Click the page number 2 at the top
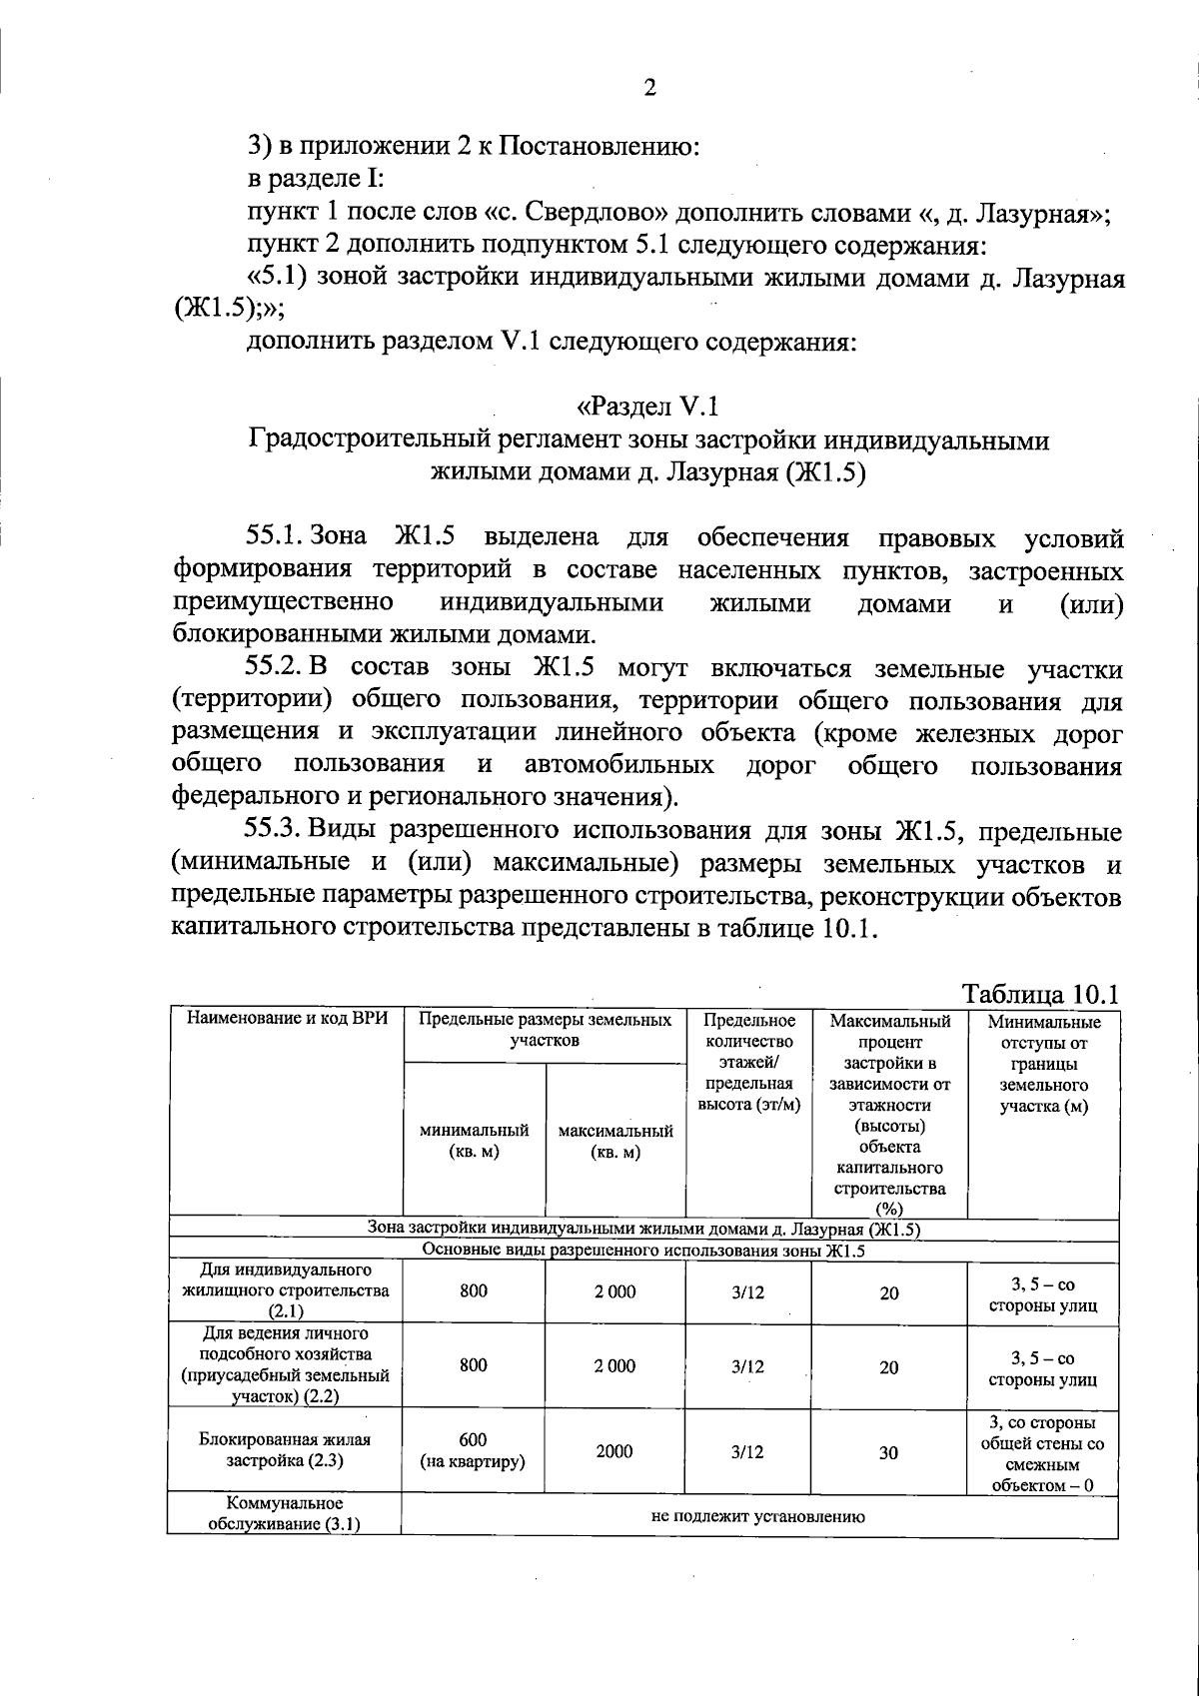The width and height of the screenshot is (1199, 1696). (x=649, y=89)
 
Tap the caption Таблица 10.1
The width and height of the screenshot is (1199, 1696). (x=1039, y=995)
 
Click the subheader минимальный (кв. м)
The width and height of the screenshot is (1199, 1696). (x=474, y=1141)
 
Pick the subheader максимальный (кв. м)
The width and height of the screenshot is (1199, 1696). (x=614, y=1141)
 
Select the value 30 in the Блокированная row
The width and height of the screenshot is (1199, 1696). (x=888, y=1453)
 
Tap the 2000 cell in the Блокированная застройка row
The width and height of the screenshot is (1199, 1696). (x=614, y=1451)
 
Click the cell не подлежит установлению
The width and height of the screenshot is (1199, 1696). (x=757, y=1515)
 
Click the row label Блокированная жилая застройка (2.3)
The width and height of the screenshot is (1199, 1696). (x=284, y=1450)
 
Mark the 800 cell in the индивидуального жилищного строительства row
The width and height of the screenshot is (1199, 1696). (x=474, y=1290)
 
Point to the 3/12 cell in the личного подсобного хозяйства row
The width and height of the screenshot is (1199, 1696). (x=747, y=1366)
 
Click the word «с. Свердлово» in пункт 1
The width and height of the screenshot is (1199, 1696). (x=576, y=213)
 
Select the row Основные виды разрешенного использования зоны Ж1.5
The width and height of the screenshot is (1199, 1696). (x=643, y=1250)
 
